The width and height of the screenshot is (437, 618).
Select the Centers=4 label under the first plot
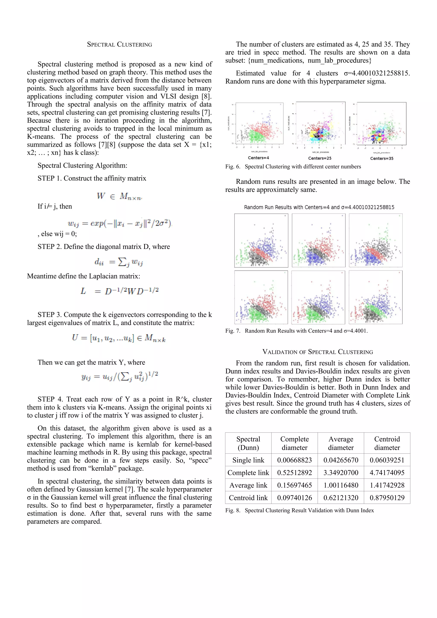(x=258, y=158)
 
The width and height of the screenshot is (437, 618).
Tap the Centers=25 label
(x=320, y=158)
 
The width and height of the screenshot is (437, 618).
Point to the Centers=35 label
(x=382, y=158)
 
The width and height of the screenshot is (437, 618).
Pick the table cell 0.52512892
(x=294, y=473)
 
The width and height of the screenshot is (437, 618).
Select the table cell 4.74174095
(x=387, y=473)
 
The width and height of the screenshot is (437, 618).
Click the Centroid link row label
(x=248, y=498)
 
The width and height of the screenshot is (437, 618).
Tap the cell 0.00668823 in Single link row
(x=294, y=460)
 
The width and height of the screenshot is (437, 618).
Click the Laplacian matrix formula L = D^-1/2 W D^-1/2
(x=119, y=291)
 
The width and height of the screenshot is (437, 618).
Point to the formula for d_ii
(x=119, y=262)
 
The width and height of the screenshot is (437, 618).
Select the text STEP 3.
(x=49, y=315)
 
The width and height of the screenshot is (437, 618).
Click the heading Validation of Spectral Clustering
(x=318, y=352)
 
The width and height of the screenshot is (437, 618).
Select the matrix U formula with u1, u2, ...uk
(x=119, y=338)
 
